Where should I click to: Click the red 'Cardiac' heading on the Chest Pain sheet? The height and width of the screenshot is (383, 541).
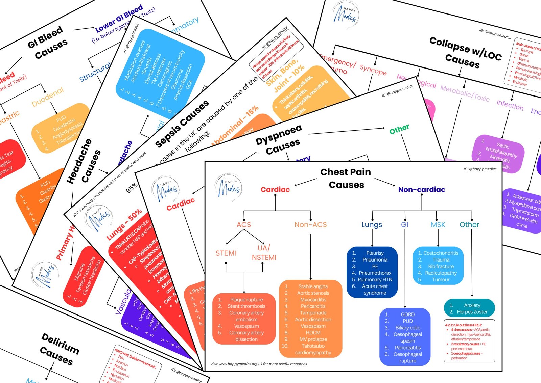point(275,190)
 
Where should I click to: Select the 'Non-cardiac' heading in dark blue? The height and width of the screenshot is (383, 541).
point(421,190)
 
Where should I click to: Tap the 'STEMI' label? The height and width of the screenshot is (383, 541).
point(226,253)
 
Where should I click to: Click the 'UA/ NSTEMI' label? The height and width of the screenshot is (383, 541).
point(264,253)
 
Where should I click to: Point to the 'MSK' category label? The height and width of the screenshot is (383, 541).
point(438,225)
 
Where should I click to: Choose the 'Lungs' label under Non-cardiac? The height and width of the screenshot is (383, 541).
point(372,225)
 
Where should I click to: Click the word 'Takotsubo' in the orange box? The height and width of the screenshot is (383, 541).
point(313,346)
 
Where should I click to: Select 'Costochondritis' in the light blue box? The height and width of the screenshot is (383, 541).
point(441,253)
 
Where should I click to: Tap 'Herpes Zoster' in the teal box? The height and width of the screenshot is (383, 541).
point(472,312)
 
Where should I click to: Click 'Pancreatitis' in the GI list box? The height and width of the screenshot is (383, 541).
point(408,348)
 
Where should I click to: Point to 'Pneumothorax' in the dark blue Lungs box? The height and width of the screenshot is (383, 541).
point(375,273)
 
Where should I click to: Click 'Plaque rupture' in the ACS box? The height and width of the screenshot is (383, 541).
point(246,300)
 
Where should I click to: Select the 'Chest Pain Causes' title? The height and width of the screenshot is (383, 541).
point(346,179)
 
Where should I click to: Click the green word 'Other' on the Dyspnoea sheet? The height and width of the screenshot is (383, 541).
point(399,129)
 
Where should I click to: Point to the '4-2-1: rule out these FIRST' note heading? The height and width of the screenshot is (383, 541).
point(463,325)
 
